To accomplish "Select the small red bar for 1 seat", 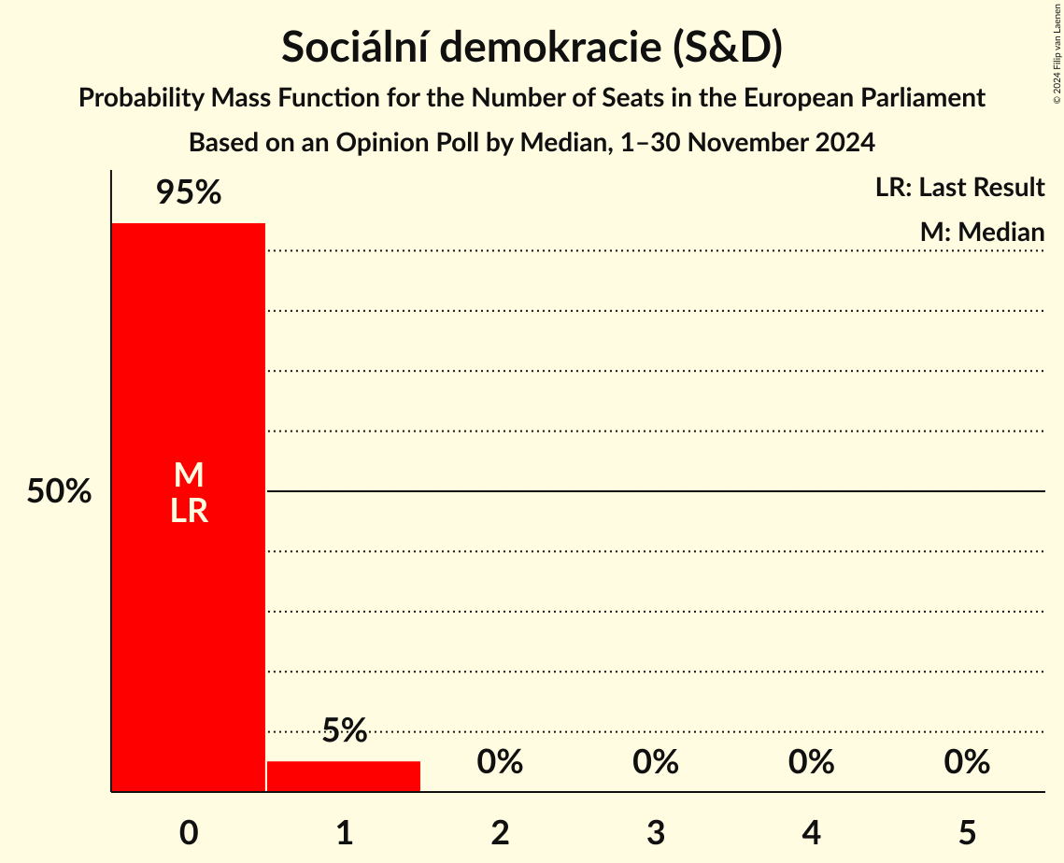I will pos(344,776).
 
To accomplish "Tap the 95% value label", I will pos(188,193).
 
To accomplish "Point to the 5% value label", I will pos(344,730).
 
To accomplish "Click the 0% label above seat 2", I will pos(500,762).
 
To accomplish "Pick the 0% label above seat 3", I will pos(655,762).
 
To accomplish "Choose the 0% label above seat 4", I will pos(811,762).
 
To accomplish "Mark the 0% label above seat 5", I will pos(967,762).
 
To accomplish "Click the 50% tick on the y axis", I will pos(59,491).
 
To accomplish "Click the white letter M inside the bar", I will pos(188,475).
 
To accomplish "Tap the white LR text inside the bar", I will pos(188,511).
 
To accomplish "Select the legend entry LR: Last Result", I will pos(959,188).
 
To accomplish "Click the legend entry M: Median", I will pos(982,232).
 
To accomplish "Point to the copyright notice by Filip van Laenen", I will pos(1057,52).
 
